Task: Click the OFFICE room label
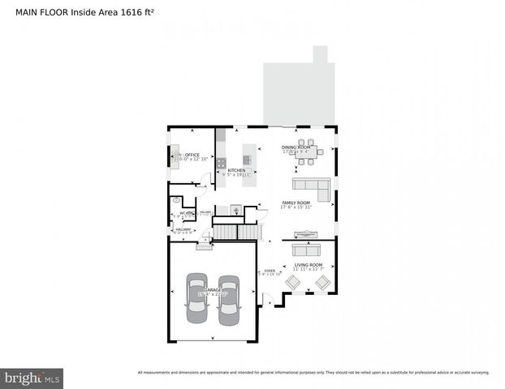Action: (192, 155)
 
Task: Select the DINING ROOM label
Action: (295, 147)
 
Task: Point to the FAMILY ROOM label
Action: (296, 203)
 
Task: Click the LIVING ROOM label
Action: (309, 265)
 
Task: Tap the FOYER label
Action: (269, 271)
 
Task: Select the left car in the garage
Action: (197, 297)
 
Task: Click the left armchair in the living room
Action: (293, 282)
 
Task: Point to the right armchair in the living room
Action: (323, 282)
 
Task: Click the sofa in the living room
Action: (307, 249)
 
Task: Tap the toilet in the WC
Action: (176, 199)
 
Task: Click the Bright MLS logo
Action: (32, 377)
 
